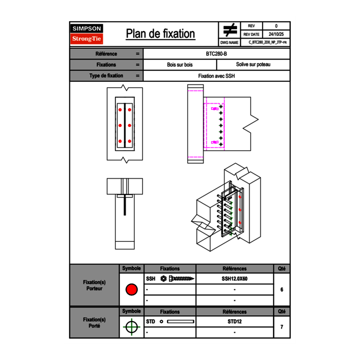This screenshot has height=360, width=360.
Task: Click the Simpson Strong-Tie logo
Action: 87,34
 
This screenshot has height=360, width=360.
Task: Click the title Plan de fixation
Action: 160,34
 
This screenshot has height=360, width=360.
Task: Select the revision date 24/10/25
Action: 276,34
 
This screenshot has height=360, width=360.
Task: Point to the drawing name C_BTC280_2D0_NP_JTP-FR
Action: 267,42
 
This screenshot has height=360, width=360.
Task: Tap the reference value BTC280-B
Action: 216,54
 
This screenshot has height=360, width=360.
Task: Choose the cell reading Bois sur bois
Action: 180,65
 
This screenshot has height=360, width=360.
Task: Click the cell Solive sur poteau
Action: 253,65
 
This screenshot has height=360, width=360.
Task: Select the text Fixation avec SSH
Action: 216,76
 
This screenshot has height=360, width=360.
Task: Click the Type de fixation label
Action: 106,76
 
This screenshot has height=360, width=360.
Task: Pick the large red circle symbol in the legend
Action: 131,290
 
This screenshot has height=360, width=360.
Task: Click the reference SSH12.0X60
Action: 234,279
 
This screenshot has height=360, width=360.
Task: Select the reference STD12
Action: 234,322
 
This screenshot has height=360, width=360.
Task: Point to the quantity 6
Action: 282,290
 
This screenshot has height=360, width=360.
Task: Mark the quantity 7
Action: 282,327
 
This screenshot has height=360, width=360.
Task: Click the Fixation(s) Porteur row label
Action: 94,285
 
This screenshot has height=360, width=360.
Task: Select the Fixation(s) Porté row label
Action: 94,323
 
